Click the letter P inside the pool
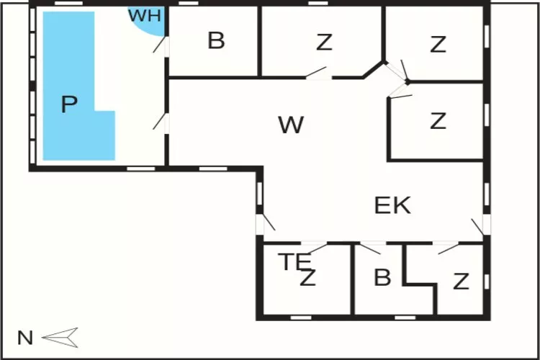pyautogui.click(x=68, y=105)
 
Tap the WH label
pyautogui.click(x=145, y=16)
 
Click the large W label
pyautogui.click(x=291, y=125)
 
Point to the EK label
pyautogui.click(x=392, y=205)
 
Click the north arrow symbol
pyautogui.click(x=60, y=336)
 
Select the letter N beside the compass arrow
pyautogui.click(x=26, y=337)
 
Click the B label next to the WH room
pyautogui.click(x=216, y=41)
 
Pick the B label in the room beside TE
pyautogui.click(x=382, y=277)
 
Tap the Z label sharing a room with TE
pyautogui.click(x=308, y=278)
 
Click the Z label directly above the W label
pyautogui.click(x=324, y=43)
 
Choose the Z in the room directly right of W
pyautogui.click(x=438, y=121)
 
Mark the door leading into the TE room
pyautogui.click(x=314, y=248)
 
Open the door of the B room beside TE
pyautogui.click(x=370, y=248)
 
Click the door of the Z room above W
pyautogui.click(x=318, y=73)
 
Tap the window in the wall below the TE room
pyautogui.click(x=301, y=317)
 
